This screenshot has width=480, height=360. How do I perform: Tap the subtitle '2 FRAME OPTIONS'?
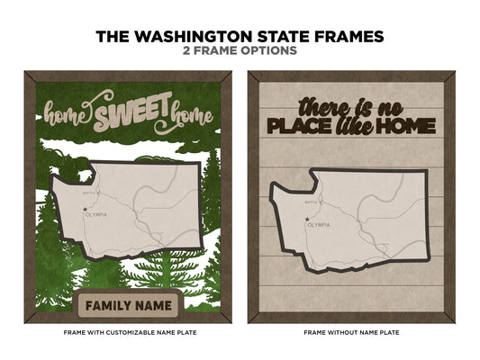[240, 51]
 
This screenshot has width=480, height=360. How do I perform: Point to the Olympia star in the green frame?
[86, 210]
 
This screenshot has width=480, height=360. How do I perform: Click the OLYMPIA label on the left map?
[99, 214]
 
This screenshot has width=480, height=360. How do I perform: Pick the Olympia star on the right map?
[306, 220]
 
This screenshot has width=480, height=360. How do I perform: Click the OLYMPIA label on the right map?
[320, 224]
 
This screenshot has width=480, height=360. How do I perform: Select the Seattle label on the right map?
[311, 201]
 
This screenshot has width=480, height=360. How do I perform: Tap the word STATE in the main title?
[309, 37]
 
